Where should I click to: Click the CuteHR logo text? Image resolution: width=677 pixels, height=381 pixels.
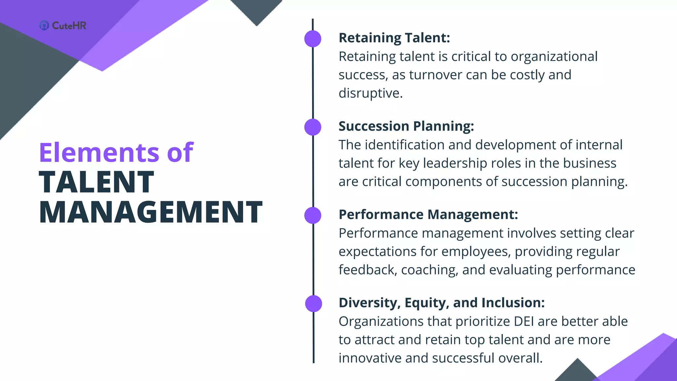[x=69, y=25]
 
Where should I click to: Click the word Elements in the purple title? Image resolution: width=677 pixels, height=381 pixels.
[x=99, y=152]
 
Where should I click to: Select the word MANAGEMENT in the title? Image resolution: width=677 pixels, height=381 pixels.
[x=151, y=212]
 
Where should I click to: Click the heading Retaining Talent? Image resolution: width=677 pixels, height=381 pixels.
[x=394, y=38]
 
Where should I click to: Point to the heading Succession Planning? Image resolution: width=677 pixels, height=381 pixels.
[x=406, y=126]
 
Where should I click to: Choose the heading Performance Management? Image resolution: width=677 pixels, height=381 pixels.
[x=428, y=214]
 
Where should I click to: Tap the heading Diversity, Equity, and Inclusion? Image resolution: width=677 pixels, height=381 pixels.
[x=442, y=303]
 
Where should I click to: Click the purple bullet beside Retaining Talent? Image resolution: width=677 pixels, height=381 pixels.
[x=313, y=39]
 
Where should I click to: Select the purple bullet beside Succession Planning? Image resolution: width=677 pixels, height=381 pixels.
[x=313, y=127]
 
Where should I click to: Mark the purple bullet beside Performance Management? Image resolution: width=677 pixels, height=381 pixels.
[x=313, y=215]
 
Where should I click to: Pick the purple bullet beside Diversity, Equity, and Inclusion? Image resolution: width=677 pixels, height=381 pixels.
[x=313, y=304]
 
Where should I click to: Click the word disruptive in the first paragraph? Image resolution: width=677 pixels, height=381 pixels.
[x=370, y=93]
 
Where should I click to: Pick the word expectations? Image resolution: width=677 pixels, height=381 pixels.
[x=378, y=252]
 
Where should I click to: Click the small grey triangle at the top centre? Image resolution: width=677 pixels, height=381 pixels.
[x=257, y=10]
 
